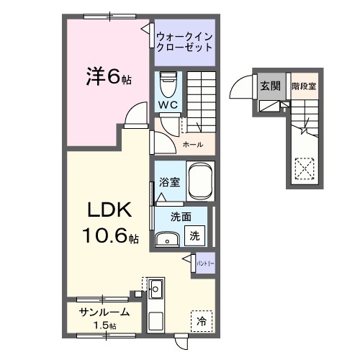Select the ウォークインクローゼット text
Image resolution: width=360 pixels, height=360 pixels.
(185, 41)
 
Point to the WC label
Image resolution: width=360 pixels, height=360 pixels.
(168, 105)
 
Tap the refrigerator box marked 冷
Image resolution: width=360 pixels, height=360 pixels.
(202, 322)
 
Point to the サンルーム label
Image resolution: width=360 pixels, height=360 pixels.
(104, 312)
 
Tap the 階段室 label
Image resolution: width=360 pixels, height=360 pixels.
(304, 86)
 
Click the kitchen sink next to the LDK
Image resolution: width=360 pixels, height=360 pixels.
(156, 290)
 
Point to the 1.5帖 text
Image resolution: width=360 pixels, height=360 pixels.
(104, 325)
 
